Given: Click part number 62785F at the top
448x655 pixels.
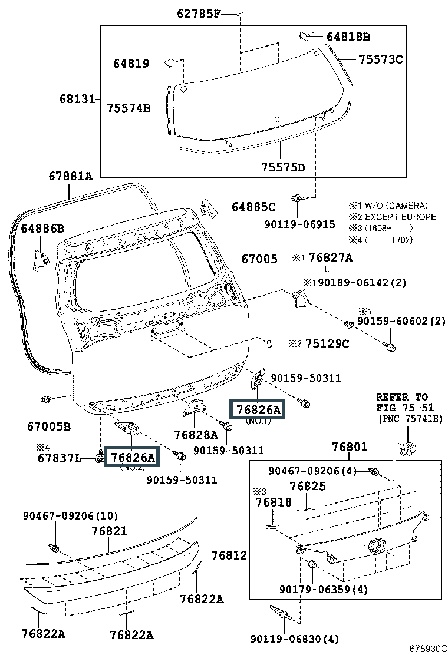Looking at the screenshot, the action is pyautogui.click(x=199, y=14).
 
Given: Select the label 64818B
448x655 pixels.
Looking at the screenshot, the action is pyautogui.click(x=348, y=37).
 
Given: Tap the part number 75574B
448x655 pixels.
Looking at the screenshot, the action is pyautogui.click(x=129, y=108).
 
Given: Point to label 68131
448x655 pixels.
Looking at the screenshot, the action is pyautogui.click(x=77, y=99).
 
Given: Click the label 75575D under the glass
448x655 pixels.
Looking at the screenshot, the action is pyautogui.click(x=284, y=167).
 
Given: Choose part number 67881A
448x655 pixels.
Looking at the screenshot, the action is pyautogui.click(x=70, y=176).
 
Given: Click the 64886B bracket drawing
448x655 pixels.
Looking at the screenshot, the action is pyautogui.click(x=41, y=260).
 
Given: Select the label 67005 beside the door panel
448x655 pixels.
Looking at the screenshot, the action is pyautogui.click(x=259, y=259).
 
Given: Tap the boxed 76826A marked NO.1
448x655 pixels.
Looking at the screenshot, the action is pyautogui.click(x=259, y=410).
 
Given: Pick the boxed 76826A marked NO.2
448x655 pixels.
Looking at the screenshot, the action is pyautogui.click(x=133, y=458).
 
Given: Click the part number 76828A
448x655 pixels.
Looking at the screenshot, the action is pyautogui.click(x=196, y=435).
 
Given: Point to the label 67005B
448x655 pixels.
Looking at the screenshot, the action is pyautogui.click(x=49, y=426).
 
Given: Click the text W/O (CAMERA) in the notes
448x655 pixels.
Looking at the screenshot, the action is pyautogui.click(x=397, y=206).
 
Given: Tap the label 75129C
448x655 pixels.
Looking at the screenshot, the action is pyautogui.click(x=327, y=344).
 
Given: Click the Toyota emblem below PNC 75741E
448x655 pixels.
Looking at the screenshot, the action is pyautogui.click(x=408, y=449).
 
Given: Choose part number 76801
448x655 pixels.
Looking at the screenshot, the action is pyautogui.click(x=350, y=446).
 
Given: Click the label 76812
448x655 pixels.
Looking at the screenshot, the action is pyautogui.click(x=229, y=555).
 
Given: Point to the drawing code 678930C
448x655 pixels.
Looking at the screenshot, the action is pyautogui.click(x=427, y=649).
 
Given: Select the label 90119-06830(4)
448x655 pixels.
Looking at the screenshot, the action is pyautogui.click(x=295, y=639).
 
